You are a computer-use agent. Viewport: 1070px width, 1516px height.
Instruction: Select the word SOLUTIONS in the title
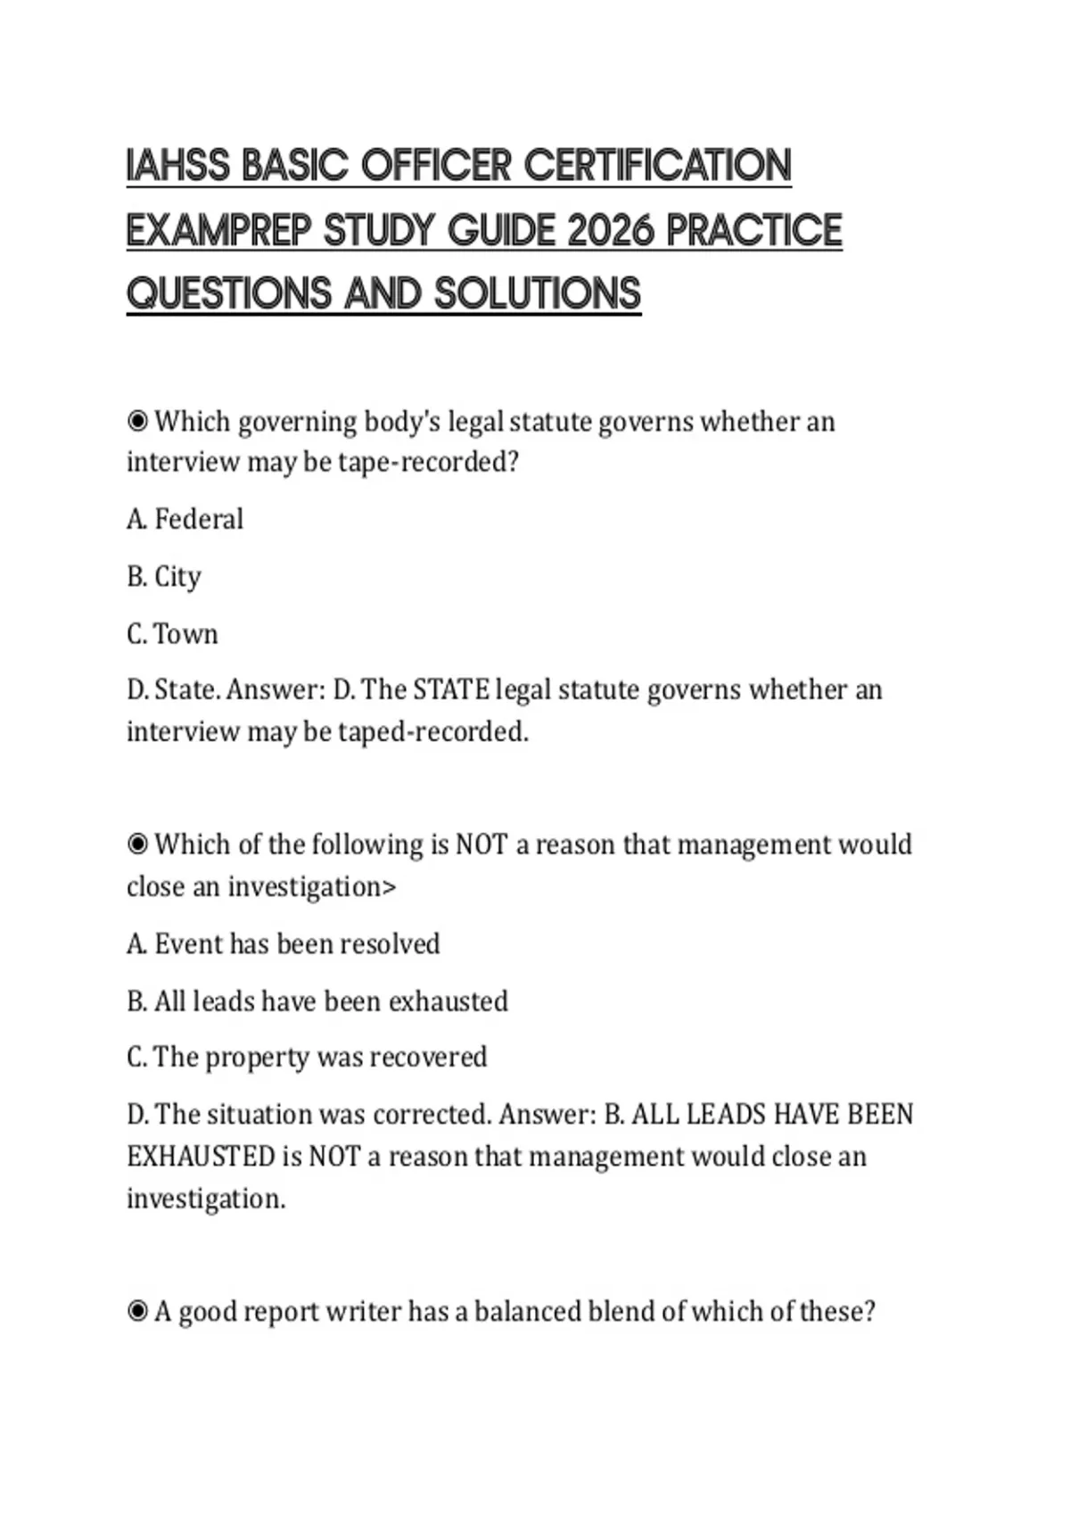(x=538, y=293)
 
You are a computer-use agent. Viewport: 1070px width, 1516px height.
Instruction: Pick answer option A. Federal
(x=185, y=519)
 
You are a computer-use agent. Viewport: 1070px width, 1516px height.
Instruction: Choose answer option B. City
(x=164, y=576)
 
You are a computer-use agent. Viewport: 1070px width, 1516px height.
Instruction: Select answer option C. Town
(x=173, y=634)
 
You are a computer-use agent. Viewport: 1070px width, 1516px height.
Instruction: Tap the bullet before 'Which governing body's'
(x=137, y=420)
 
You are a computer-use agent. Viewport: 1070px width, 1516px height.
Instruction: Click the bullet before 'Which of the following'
(x=137, y=844)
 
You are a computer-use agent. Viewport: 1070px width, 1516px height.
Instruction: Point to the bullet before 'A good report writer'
(x=137, y=1311)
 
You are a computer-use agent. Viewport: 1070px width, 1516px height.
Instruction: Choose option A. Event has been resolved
(x=284, y=943)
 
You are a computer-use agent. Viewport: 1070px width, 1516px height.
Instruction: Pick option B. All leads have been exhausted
(x=317, y=1001)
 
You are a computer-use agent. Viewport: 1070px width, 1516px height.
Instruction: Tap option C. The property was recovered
(x=307, y=1057)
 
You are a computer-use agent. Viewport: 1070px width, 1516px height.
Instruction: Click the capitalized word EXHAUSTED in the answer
(x=201, y=1157)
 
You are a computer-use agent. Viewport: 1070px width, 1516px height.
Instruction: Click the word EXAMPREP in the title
(x=218, y=230)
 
